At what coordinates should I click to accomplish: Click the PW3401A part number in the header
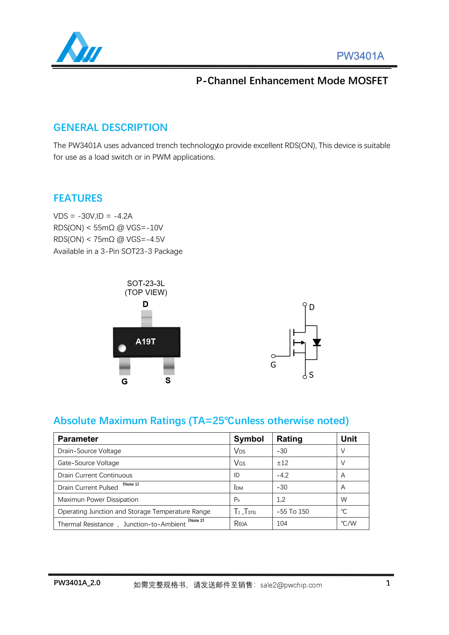pyautogui.click(x=360, y=56)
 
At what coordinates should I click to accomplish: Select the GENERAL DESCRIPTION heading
pyautogui.click(x=110, y=128)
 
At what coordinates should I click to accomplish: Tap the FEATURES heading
pyautogui.click(x=78, y=198)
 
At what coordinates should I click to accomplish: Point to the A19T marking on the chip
pyautogui.click(x=146, y=341)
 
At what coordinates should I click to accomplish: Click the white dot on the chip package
pyautogui.click(x=122, y=348)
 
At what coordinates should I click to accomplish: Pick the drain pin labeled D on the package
pyautogui.click(x=146, y=318)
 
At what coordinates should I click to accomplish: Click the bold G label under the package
pyautogui.click(x=125, y=381)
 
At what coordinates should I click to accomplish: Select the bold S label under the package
pyautogui.click(x=168, y=380)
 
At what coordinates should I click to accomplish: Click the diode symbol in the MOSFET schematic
pyautogui.click(x=317, y=342)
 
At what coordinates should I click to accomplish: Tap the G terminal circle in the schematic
pyautogui.click(x=273, y=356)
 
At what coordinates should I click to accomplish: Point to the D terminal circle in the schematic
pyautogui.click(x=305, y=304)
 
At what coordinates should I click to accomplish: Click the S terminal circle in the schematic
pyautogui.click(x=305, y=377)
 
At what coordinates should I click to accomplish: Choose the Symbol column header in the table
pyautogui.click(x=249, y=439)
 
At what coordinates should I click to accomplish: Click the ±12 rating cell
pyautogui.click(x=282, y=463)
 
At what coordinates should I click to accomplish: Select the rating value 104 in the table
pyautogui.click(x=282, y=524)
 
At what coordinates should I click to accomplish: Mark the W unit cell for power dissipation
pyautogui.click(x=344, y=500)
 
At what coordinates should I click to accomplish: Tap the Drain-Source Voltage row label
pyautogui.click(x=89, y=451)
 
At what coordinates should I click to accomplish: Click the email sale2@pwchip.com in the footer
pyautogui.click(x=291, y=585)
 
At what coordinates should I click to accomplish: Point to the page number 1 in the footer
pyautogui.click(x=388, y=583)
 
